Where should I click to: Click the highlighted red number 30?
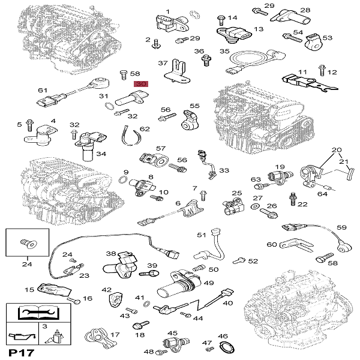coord(141,84)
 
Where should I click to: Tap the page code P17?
coord(19,352)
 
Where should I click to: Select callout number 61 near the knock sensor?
coord(42,90)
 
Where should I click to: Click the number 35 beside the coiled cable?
coord(224,52)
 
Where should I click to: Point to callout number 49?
coord(209,283)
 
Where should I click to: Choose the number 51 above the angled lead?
coord(201,235)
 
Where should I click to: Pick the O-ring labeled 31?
coord(109,107)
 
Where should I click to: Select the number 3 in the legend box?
coord(44,326)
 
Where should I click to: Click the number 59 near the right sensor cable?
coord(341,227)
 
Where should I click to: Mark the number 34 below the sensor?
coord(101,154)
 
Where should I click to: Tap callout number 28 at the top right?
coord(305,10)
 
